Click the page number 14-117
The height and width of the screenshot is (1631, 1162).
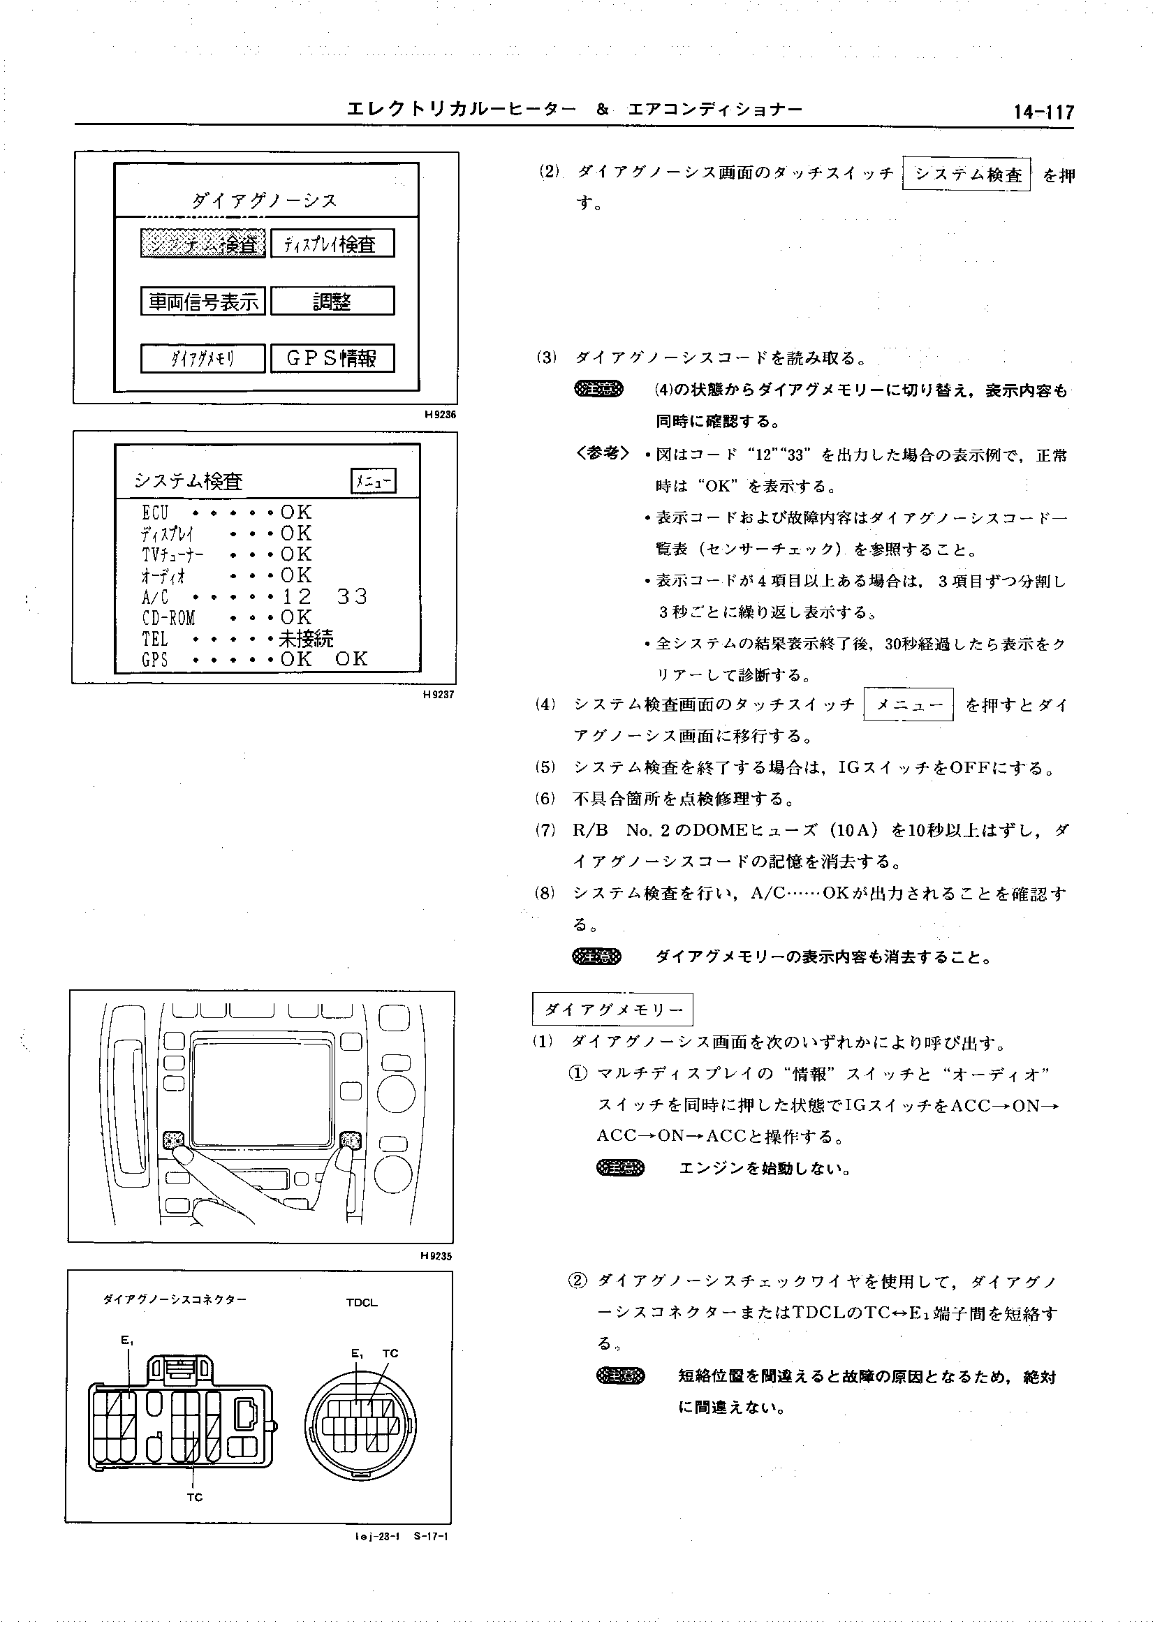point(1043,112)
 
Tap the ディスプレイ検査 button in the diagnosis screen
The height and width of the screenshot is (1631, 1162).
point(332,244)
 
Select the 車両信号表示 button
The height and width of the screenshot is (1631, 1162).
point(203,301)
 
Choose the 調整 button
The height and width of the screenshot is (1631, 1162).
point(332,301)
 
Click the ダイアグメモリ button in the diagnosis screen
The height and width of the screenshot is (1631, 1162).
point(203,358)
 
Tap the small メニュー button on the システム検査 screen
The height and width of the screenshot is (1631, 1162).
point(374,482)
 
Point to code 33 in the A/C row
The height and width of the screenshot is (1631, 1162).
point(351,596)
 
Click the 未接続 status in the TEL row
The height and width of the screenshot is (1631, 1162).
point(307,638)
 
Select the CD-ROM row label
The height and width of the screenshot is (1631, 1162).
point(168,617)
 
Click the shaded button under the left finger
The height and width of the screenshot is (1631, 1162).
point(174,1139)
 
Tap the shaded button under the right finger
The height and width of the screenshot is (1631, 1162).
point(351,1139)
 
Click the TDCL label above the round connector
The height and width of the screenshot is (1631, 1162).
point(361,1303)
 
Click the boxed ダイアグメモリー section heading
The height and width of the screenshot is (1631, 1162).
point(612,1010)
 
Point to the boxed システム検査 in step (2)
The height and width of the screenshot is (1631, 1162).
point(966,175)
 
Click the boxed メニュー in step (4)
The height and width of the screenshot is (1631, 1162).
point(909,704)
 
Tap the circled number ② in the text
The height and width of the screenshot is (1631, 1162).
point(578,1280)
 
